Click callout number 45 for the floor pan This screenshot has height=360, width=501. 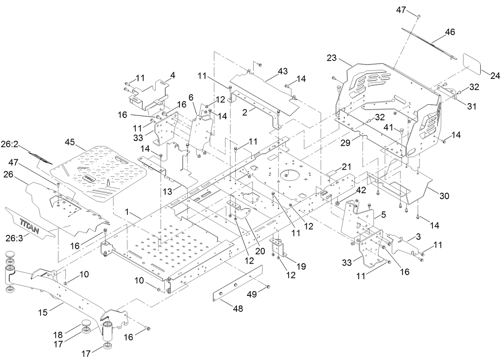coord(70,142)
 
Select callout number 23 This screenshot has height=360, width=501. coord(332,58)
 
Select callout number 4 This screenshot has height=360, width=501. coord(172,74)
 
